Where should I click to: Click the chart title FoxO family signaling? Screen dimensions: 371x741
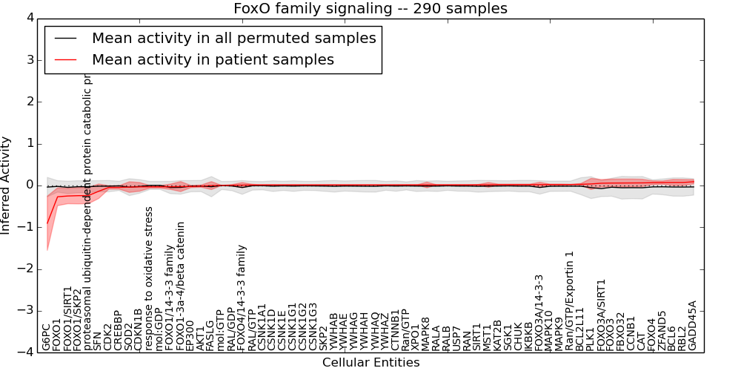[x=370, y=9]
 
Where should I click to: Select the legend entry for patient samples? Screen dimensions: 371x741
[x=213, y=59]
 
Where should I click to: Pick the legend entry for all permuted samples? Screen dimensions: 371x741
[x=233, y=38]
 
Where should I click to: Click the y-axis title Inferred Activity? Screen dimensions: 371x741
[x=7, y=185]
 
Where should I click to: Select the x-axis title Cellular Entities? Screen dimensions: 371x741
[x=370, y=363]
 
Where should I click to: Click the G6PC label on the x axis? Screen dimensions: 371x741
[x=47, y=336]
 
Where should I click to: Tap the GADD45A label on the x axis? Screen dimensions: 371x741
[x=692, y=325]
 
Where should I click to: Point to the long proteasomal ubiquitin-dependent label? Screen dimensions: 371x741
[x=88, y=211]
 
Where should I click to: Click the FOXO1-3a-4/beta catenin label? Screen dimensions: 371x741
[x=180, y=286]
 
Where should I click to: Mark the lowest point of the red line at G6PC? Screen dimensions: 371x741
[x=47, y=223]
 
